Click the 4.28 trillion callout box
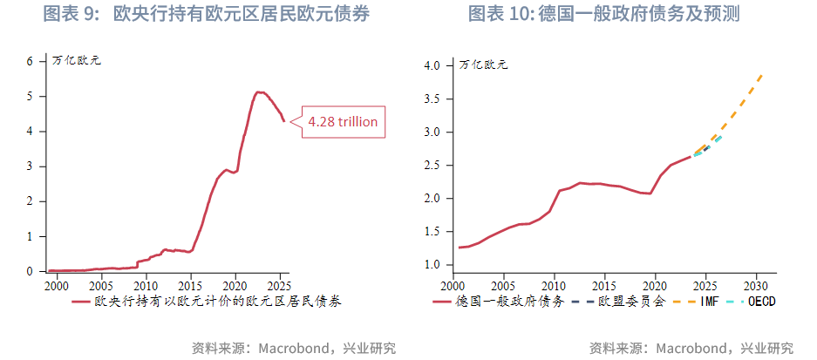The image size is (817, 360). [x=344, y=122]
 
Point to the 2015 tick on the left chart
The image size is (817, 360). [x=190, y=285]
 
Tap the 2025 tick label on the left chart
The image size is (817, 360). [x=280, y=285]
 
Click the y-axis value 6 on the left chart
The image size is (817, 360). [x=30, y=61]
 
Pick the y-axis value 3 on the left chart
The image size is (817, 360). [x=30, y=166]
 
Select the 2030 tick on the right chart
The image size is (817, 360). [x=754, y=285]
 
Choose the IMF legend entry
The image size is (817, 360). [x=703, y=302]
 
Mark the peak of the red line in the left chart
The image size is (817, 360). [x=258, y=92]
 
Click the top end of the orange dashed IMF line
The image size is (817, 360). [x=762, y=75]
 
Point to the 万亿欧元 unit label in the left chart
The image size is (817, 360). [x=77, y=61]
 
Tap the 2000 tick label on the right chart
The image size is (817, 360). [x=453, y=285]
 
